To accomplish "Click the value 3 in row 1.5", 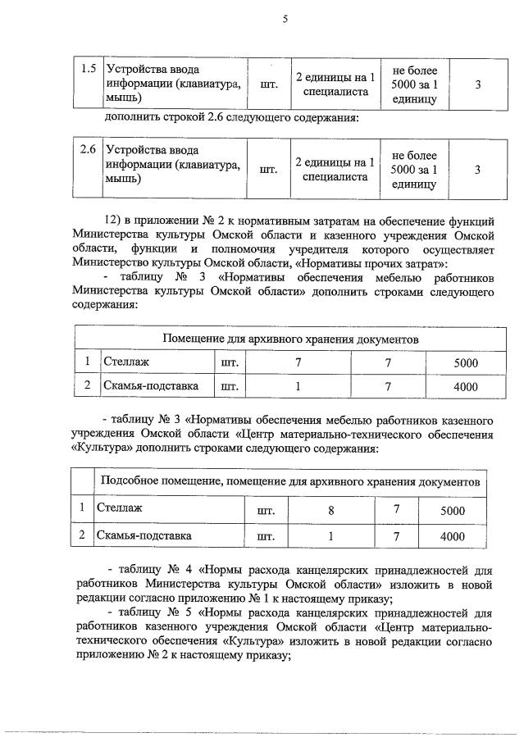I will click(477, 84).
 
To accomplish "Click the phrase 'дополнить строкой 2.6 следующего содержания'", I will click(232, 117).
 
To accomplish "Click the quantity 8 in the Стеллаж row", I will click(330, 510).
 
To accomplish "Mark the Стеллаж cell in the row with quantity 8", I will click(120, 508).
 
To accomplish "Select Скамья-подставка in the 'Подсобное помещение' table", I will click(144, 536).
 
